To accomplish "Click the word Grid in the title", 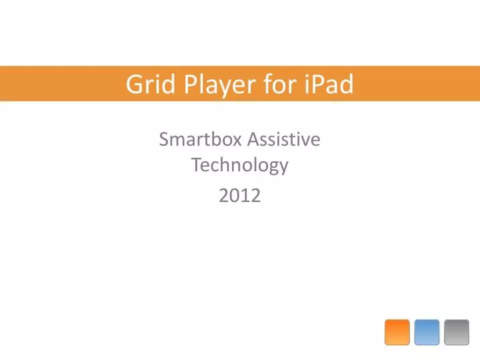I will [146, 85].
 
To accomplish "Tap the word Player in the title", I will [207, 85].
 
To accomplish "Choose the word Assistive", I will [283, 139].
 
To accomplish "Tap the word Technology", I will [240, 165].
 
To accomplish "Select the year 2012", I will [240, 196].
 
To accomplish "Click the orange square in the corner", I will [397, 332].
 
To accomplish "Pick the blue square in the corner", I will [427, 332].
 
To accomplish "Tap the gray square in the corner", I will [457, 332].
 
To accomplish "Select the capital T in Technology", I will [196, 165].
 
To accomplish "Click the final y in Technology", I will [283, 167].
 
